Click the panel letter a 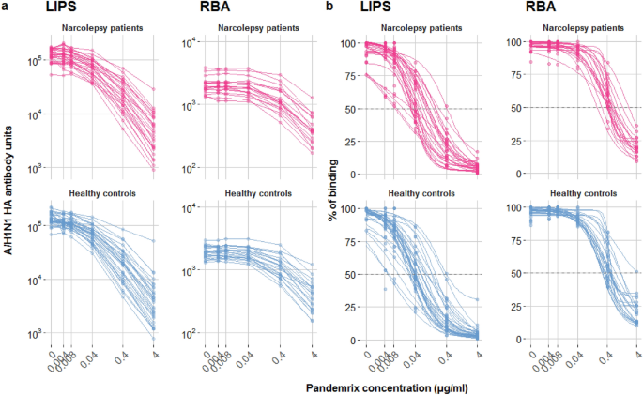[x=6, y=7]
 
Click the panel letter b [x=329, y=7]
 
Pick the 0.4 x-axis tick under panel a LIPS [x=122, y=359]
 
